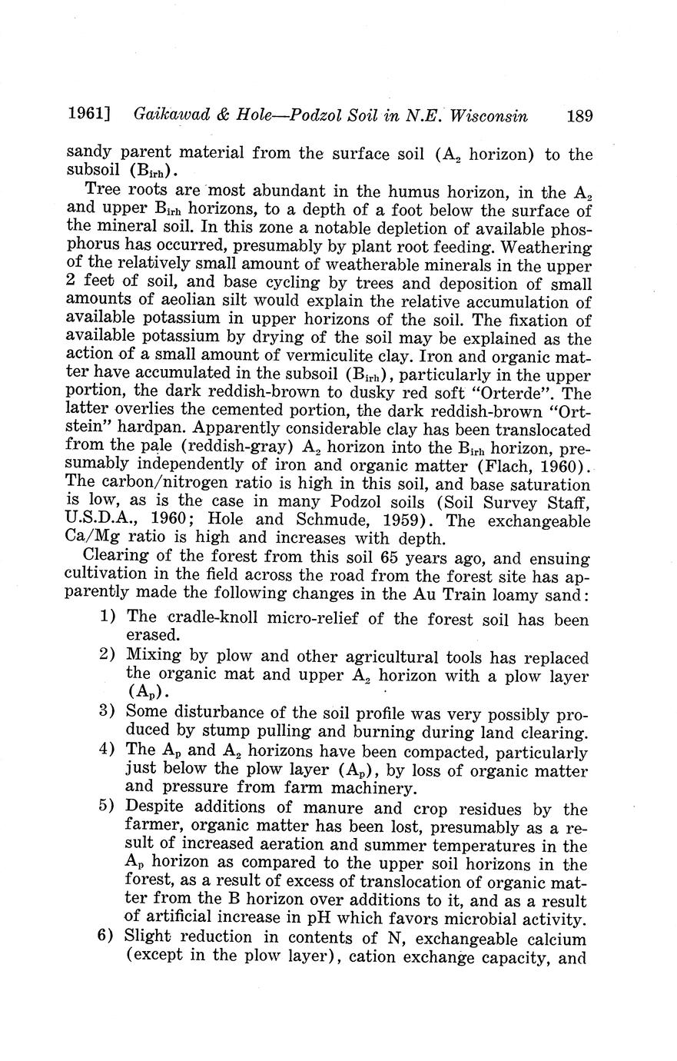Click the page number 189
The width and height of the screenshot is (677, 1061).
coord(579,117)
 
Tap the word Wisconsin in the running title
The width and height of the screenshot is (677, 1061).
coord(489,117)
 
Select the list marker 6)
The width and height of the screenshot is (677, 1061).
coord(108,937)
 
